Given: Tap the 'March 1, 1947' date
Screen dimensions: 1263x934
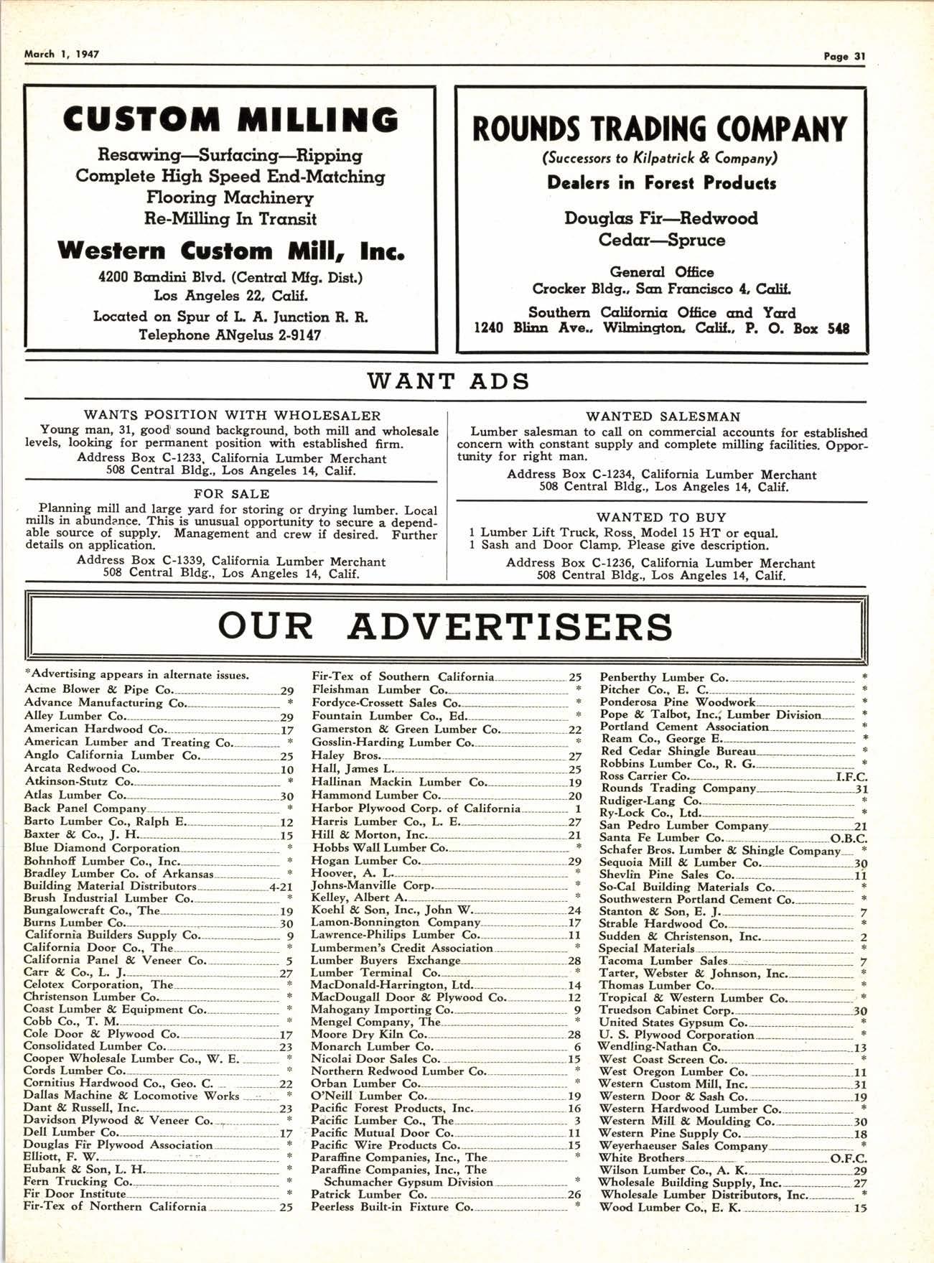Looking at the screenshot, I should pos(62,54).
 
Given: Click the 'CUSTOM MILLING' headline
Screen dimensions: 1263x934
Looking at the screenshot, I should pos(230,119).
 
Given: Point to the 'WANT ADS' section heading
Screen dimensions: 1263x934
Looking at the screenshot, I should pos(448,381).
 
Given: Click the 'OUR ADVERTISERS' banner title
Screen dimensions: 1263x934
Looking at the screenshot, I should pos(445,625).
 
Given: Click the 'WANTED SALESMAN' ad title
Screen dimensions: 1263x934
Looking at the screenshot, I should pos(663,416).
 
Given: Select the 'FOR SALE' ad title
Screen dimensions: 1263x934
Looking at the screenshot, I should pos(231,494).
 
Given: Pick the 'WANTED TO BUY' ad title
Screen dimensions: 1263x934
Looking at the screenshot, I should pos(661,517).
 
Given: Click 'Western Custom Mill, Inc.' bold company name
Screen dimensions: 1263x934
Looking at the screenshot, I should pos(230,251).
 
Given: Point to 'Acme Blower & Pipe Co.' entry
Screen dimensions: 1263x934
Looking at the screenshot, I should pos(98,689).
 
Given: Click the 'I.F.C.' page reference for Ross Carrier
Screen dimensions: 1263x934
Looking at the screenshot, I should pos(851,776).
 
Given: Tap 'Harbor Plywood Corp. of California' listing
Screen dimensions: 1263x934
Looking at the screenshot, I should pos(416,808).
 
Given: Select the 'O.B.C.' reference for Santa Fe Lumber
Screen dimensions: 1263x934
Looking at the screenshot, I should pos(849,838).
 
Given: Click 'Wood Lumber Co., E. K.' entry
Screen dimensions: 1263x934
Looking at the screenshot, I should pos(671,1208).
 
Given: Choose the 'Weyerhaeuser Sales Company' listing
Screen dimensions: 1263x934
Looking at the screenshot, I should pos(683,1146).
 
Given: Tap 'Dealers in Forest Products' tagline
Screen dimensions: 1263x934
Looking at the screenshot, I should pos(661,183).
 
